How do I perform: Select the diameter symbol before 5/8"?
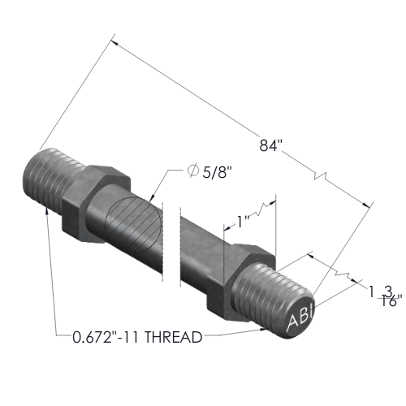(x=192, y=171)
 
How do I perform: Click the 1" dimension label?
(x=243, y=222)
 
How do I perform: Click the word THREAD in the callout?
(x=174, y=337)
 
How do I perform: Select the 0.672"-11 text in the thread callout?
(x=106, y=337)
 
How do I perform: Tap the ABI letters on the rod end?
(x=300, y=319)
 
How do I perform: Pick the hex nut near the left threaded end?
(x=96, y=204)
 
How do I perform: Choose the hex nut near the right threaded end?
(x=241, y=283)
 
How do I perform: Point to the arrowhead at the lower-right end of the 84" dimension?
(x=366, y=205)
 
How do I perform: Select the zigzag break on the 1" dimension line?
(x=261, y=209)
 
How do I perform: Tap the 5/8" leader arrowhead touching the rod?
(x=152, y=199)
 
